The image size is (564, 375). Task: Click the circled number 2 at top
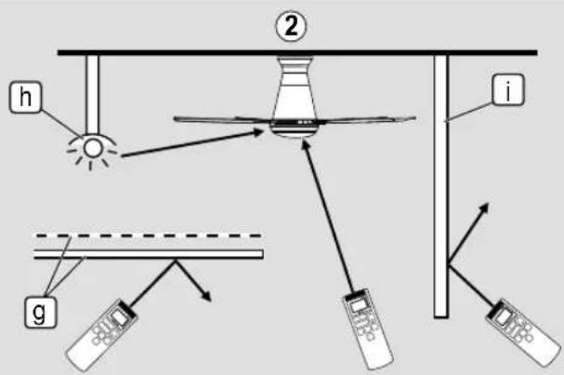click(291, 26)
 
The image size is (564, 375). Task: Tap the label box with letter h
click(25, 98)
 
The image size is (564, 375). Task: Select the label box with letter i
click(508, 90)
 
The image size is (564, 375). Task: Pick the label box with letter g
click(40, 313)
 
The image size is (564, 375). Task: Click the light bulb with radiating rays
click(92, 149)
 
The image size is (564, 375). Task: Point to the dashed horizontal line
click(148, 236)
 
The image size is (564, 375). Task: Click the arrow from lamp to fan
click(192, 143)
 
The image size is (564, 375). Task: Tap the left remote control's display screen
click(118, 317)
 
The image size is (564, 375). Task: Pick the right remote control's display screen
click(503, 316)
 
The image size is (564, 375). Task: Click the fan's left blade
click(222, 120)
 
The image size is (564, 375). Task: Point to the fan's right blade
click(366, 118)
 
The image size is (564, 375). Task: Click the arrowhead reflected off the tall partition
click(484, 208)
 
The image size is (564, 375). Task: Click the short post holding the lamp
click(92, 94)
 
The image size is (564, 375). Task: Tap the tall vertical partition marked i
click(441, 186)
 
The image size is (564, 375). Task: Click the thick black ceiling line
click(297, 53)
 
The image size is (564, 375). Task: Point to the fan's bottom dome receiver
click(295, 130)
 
